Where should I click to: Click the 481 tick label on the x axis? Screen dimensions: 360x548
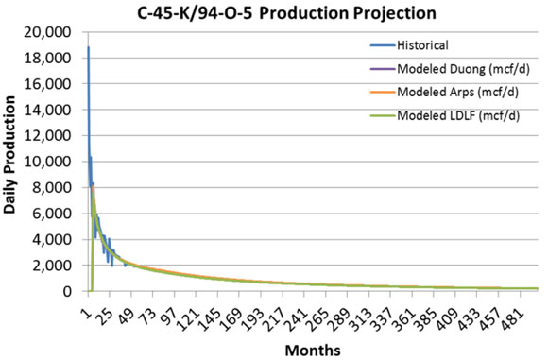tap(518, 310)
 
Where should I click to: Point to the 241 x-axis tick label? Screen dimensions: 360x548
tap(291, 310)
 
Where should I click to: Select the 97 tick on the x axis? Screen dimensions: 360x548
tap(157, 308)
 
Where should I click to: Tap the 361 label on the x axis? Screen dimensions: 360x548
tap(404, 310)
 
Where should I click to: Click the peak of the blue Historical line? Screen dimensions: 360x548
tap(88, 47)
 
